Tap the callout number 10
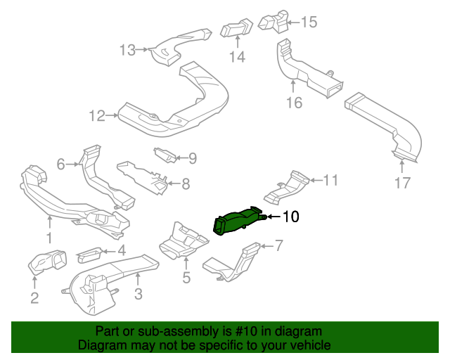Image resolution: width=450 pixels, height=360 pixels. (290, 217)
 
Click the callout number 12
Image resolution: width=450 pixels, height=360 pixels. (96, 115)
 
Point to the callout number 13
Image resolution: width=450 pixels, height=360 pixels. (127, 50)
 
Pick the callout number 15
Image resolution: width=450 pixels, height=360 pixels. (309, 22)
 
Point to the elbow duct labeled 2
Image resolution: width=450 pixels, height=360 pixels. (46, 263)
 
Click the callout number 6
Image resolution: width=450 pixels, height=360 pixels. (60, 165)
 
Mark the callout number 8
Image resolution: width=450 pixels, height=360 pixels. (185, 184)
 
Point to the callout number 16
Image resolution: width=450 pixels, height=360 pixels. (294, 103)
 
